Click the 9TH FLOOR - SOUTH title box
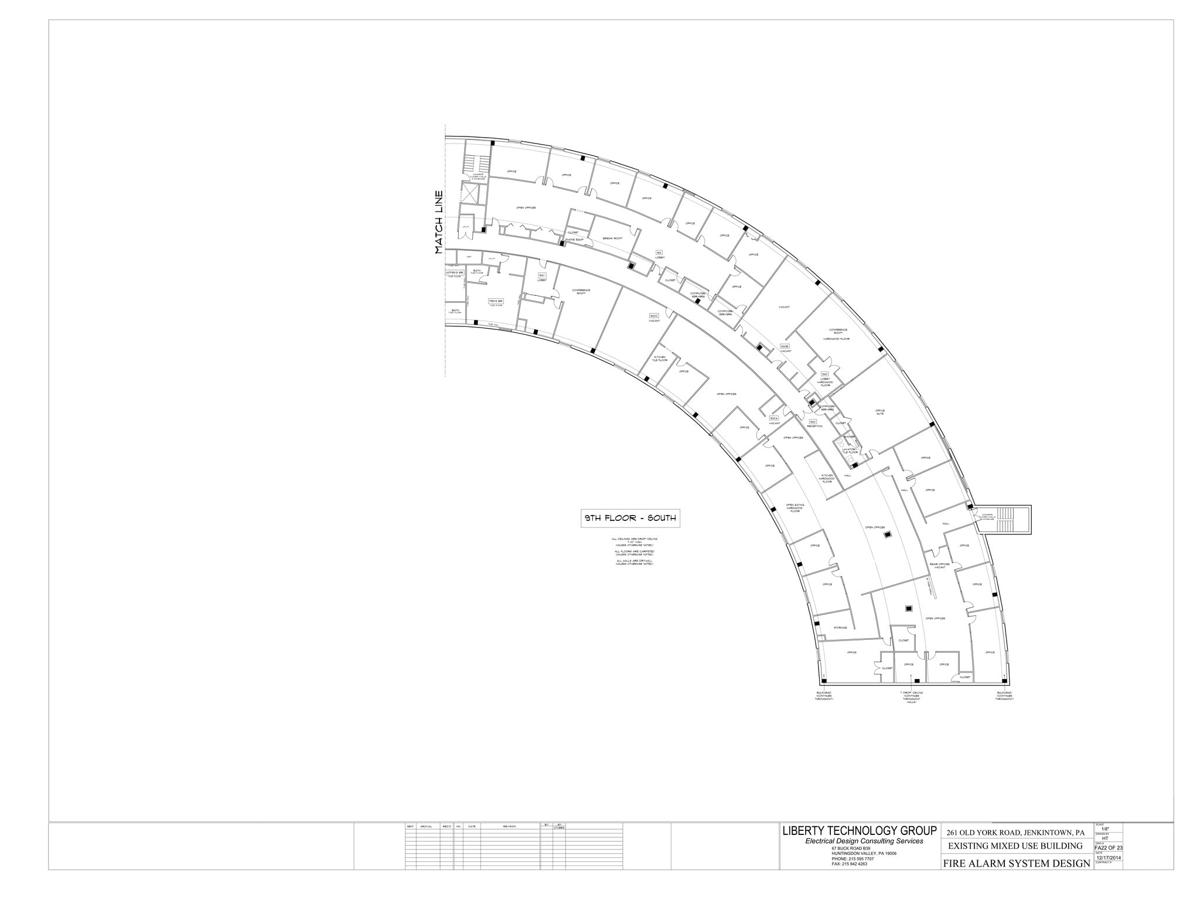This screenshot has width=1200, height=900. click(630, 518)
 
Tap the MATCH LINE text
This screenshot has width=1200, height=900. click(439, 223)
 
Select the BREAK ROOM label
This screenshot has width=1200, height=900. click(612, 238)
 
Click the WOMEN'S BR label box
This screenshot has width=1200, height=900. click(455, 273)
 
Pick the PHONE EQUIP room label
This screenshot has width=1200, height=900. click(574, 240)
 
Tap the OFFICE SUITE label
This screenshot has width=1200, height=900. click(880, 412)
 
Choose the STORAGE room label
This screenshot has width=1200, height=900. click(840, 628)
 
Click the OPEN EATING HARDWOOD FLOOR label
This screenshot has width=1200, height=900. click(795, 507)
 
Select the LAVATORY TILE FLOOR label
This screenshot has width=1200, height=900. click(850, 451)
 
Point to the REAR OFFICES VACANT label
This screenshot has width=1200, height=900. click(940, 565)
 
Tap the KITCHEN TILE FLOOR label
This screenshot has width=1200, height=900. click(660, 358)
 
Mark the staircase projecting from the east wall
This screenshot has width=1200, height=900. click(1005, 519)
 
